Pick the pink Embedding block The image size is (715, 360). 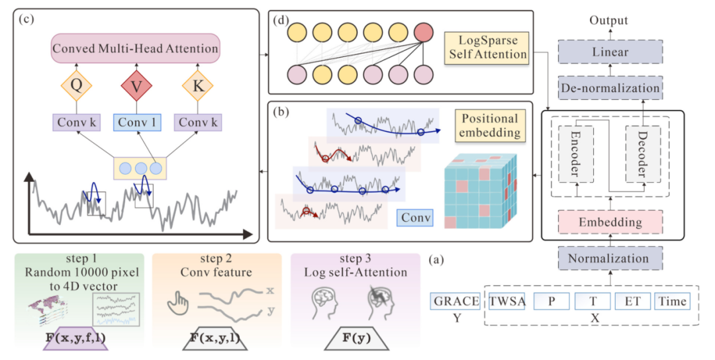tap(608, 221)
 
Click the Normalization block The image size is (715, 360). tap(608, 257)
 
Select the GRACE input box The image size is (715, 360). tap(455, 302)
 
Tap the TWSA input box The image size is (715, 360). tap(507, 302)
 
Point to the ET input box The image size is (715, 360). tap(632, 302)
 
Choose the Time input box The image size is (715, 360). tap(672, 302)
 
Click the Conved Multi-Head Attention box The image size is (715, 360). tap(136, 48)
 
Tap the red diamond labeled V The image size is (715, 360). tap(136, 85)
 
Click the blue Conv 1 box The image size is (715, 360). tap(136, 122)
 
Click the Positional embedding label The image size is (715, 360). tap(489, 126)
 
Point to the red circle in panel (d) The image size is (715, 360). tap(424, 32)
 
